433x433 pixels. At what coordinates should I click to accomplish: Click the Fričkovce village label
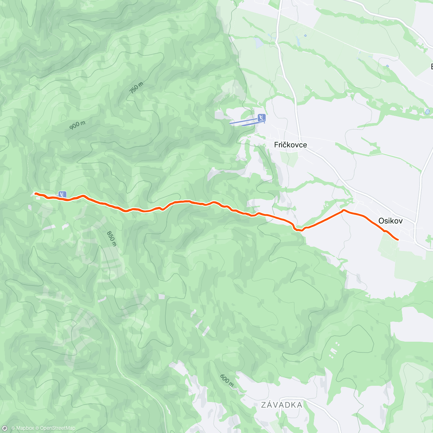pos(290,145)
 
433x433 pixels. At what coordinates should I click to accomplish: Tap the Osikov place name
pos(390,221)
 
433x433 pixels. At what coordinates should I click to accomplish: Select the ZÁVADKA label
pos(282,405)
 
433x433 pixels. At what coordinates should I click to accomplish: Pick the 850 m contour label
pos(112,239)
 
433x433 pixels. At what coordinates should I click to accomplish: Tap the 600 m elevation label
pos(227,380)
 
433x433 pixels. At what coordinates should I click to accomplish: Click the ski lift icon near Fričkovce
pos(262,118)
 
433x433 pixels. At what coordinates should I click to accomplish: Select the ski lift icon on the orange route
pos(62,194)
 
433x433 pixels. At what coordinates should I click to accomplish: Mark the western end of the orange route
pos(35,193)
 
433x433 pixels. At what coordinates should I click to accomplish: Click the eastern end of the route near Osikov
pos(398,240)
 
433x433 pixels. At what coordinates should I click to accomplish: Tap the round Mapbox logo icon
pos(5,428)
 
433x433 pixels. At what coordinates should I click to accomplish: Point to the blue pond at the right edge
pos(428,112)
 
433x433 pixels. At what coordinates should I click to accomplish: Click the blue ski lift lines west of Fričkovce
pos(244,122)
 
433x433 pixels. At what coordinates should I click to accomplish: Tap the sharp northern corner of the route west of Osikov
pos(344,210)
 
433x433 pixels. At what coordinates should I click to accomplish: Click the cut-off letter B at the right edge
pos(432,67)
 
